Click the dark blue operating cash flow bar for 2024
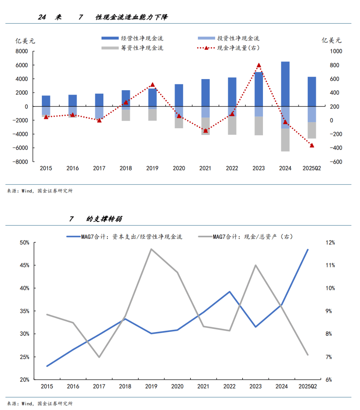click(285, 84)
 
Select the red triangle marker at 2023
click(259, 65)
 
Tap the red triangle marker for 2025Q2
click(312, 145)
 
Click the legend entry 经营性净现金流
click(132, 38)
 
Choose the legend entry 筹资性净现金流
click(132, 48)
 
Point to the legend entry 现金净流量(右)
click(229, 48)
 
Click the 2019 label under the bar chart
click(152, 169)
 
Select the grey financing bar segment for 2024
click(285, 140)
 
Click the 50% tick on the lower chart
click(24, 243)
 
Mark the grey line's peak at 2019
click(151, 249)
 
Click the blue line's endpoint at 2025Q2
click(308, 250)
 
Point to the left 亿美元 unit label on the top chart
click(25, 40)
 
